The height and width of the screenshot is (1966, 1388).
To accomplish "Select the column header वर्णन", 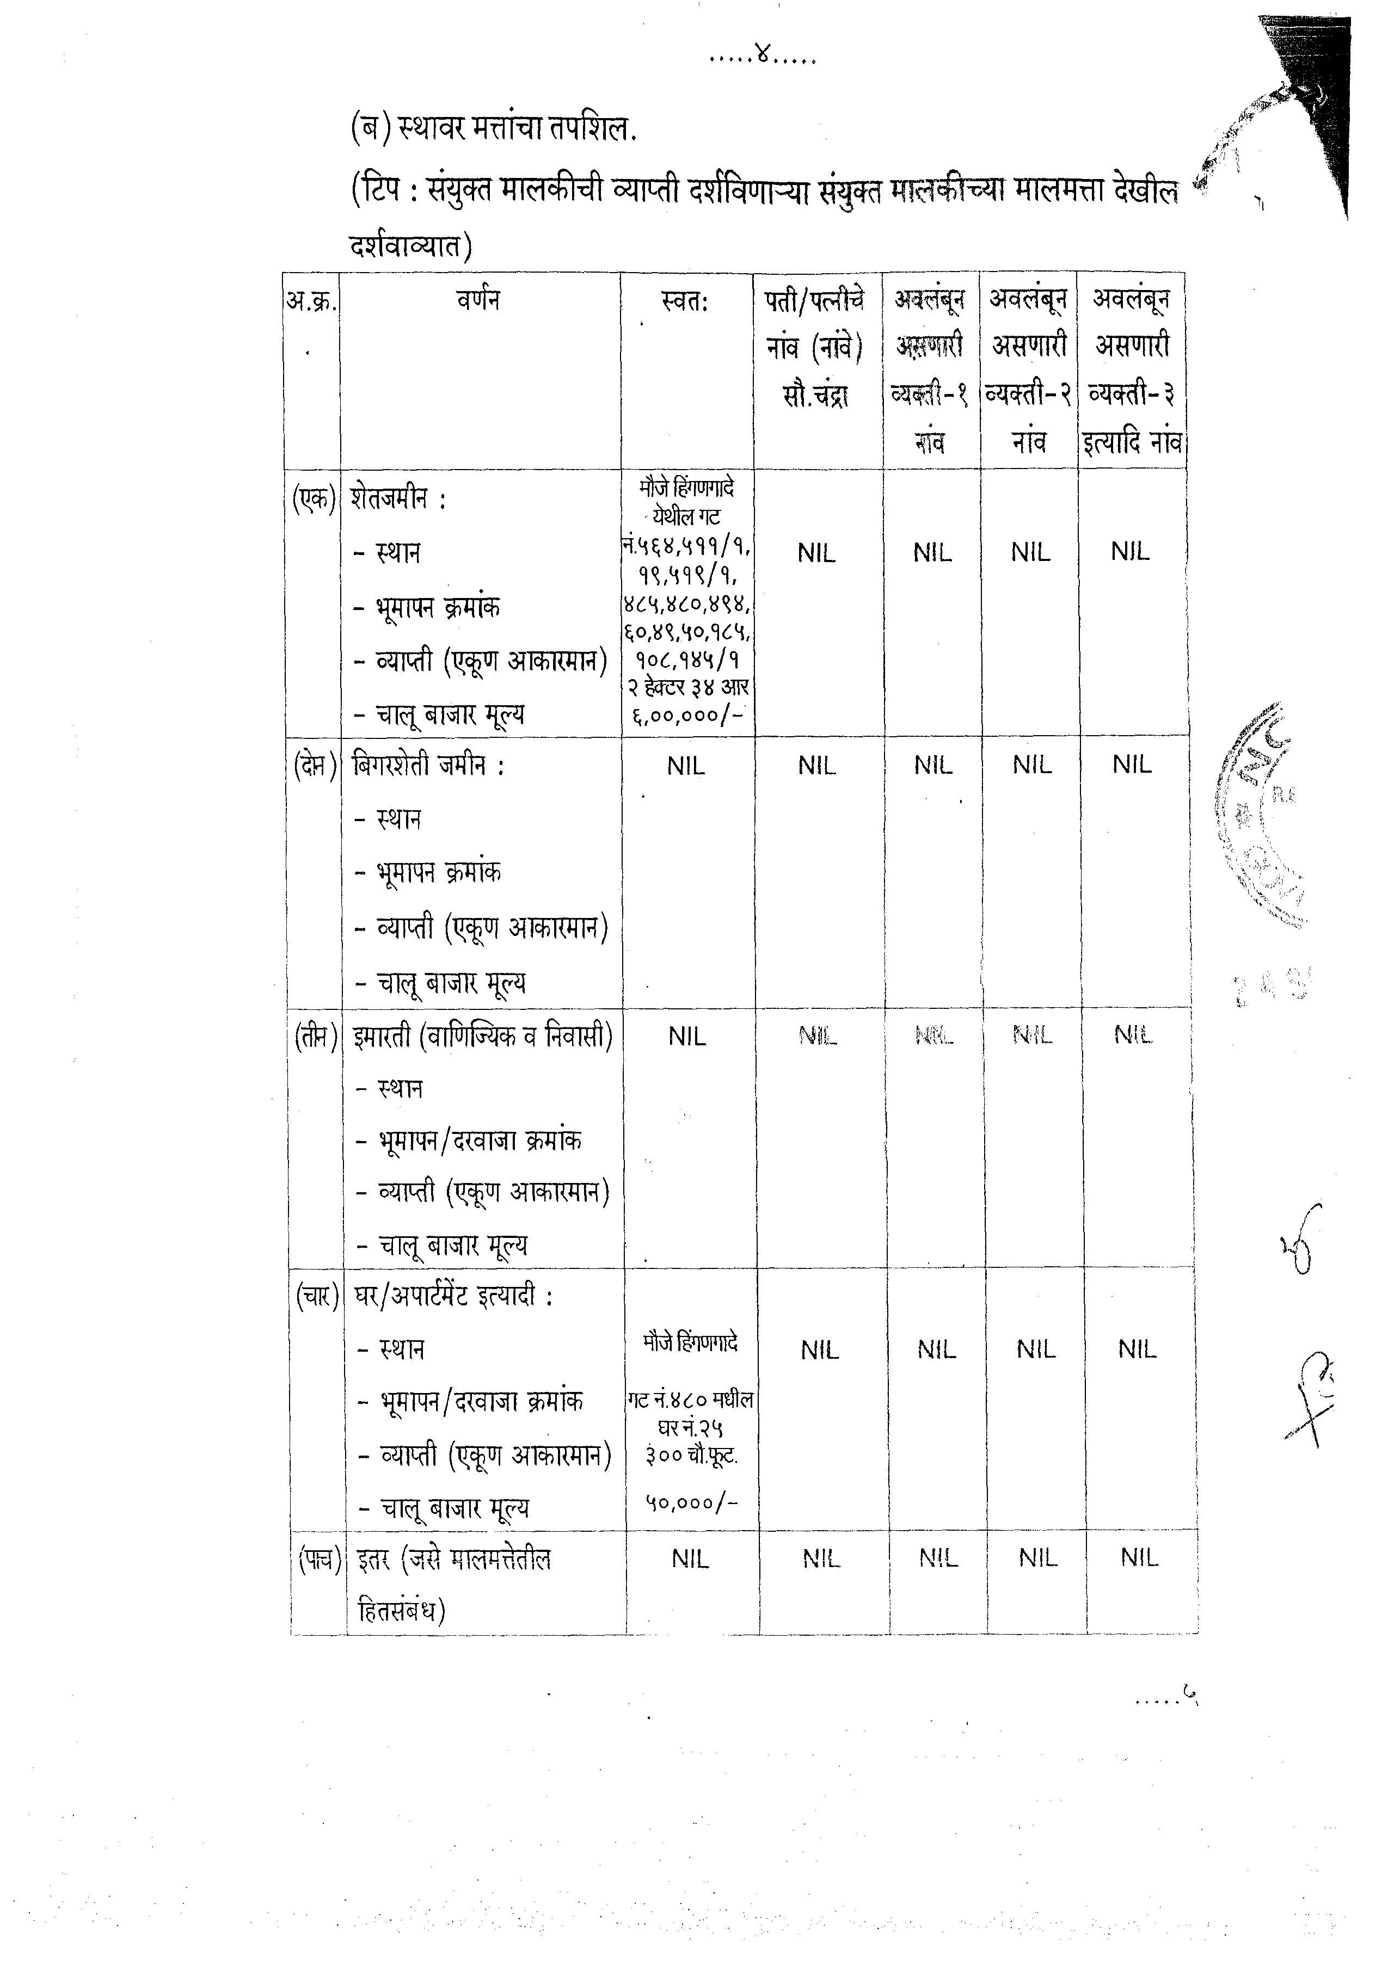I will click(478, 300).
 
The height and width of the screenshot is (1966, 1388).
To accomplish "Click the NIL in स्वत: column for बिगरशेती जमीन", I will click(686, 766).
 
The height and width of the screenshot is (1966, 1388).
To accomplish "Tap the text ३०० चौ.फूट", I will click(691, 1456).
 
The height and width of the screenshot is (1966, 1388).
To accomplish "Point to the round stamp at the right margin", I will click(1260, 813).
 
